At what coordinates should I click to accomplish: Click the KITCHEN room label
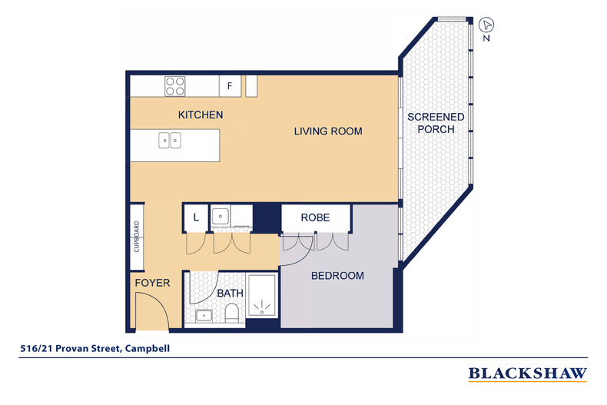[x=201, y=115]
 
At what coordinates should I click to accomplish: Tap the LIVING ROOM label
[x=328, y=131]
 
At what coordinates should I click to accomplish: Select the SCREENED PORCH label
[x=436, y=123]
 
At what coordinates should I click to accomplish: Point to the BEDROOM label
[x=337, y=276]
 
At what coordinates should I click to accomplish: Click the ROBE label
[x=315, y=217]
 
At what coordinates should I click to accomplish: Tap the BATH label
[x=230, y=294]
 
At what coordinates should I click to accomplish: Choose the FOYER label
[x=153, y=283]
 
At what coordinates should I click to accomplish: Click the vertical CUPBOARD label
[x=136, y=237]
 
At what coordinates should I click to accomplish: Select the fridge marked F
[x=230, y=86]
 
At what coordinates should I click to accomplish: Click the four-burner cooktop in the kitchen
[x=175, y=86]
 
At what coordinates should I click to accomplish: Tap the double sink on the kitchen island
[x=170, y=140]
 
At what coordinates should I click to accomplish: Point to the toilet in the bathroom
[x=232, y=313]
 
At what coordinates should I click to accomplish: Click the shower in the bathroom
[x=263, y=296]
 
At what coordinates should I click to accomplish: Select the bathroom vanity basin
[x=204, y=316]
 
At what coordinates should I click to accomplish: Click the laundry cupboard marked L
[x=196, y=217]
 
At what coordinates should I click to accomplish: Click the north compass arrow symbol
[x=486, y=25]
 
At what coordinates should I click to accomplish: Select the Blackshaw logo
[x=528, y=374]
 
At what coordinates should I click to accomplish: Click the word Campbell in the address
[x=148, y=348]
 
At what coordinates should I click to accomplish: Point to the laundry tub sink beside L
[x=221, y=217]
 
